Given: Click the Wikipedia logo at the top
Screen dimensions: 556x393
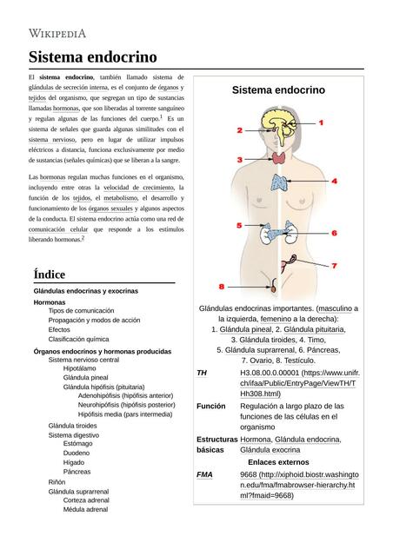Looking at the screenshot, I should click(x=58, y=33).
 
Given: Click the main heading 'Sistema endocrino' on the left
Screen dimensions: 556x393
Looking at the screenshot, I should click(x=93, y=57).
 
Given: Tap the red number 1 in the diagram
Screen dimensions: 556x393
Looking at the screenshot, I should click(x=321, y=123).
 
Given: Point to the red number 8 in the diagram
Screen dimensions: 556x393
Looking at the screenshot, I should click(x=222, y=286).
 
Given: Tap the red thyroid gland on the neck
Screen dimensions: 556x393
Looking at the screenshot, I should click(x=278, y=158).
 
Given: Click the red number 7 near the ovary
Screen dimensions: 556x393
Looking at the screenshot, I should click(x=333, y=266).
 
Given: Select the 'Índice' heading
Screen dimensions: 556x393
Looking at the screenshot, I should click(x=49, y=274).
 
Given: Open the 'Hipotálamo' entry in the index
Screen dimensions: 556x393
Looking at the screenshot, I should click(x=80, y=368).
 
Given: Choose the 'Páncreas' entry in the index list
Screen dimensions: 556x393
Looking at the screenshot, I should click(x=77, y=472).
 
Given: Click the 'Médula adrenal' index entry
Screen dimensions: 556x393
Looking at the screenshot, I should click(x=86, y=509).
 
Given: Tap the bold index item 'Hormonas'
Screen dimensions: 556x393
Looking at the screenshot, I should click(x=50, y=301).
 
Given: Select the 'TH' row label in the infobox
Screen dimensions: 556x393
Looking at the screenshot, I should click(x=202, y=373).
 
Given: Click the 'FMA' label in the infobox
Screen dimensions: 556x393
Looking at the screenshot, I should click(x=204, y=475).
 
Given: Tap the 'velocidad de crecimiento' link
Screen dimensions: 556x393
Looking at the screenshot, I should click(x=138, y=187).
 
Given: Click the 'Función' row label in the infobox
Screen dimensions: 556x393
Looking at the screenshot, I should click(x=211, y=406).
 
